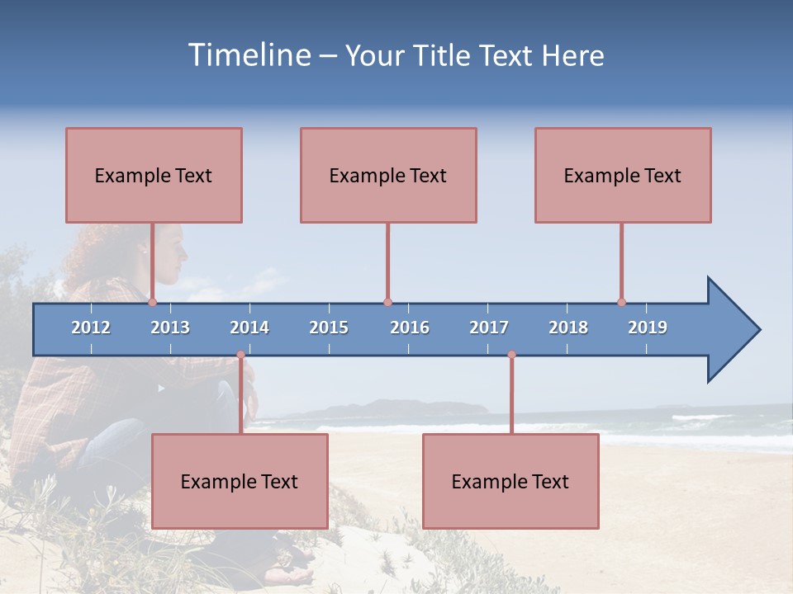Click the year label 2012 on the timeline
click(x=91, y=328)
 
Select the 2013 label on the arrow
click(x=170, y=328)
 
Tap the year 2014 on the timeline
click(x=249, y=328)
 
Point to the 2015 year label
click(x=329, y=328)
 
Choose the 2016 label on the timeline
click(x=410, y=328)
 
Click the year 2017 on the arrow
click(x=489, y=328)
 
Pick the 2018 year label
click(x=568, y=328)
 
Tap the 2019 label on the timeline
click(x=648, y=328)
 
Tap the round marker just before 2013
click(x=152, y=302)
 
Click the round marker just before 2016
click(x=387, y=302)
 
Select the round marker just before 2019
click(x=621, y=302)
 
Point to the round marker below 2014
click(x=240, y=355)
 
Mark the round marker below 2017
click(x=511, y=355)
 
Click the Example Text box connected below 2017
click(x=510, y=481)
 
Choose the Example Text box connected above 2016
click(x=388, y=175)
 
